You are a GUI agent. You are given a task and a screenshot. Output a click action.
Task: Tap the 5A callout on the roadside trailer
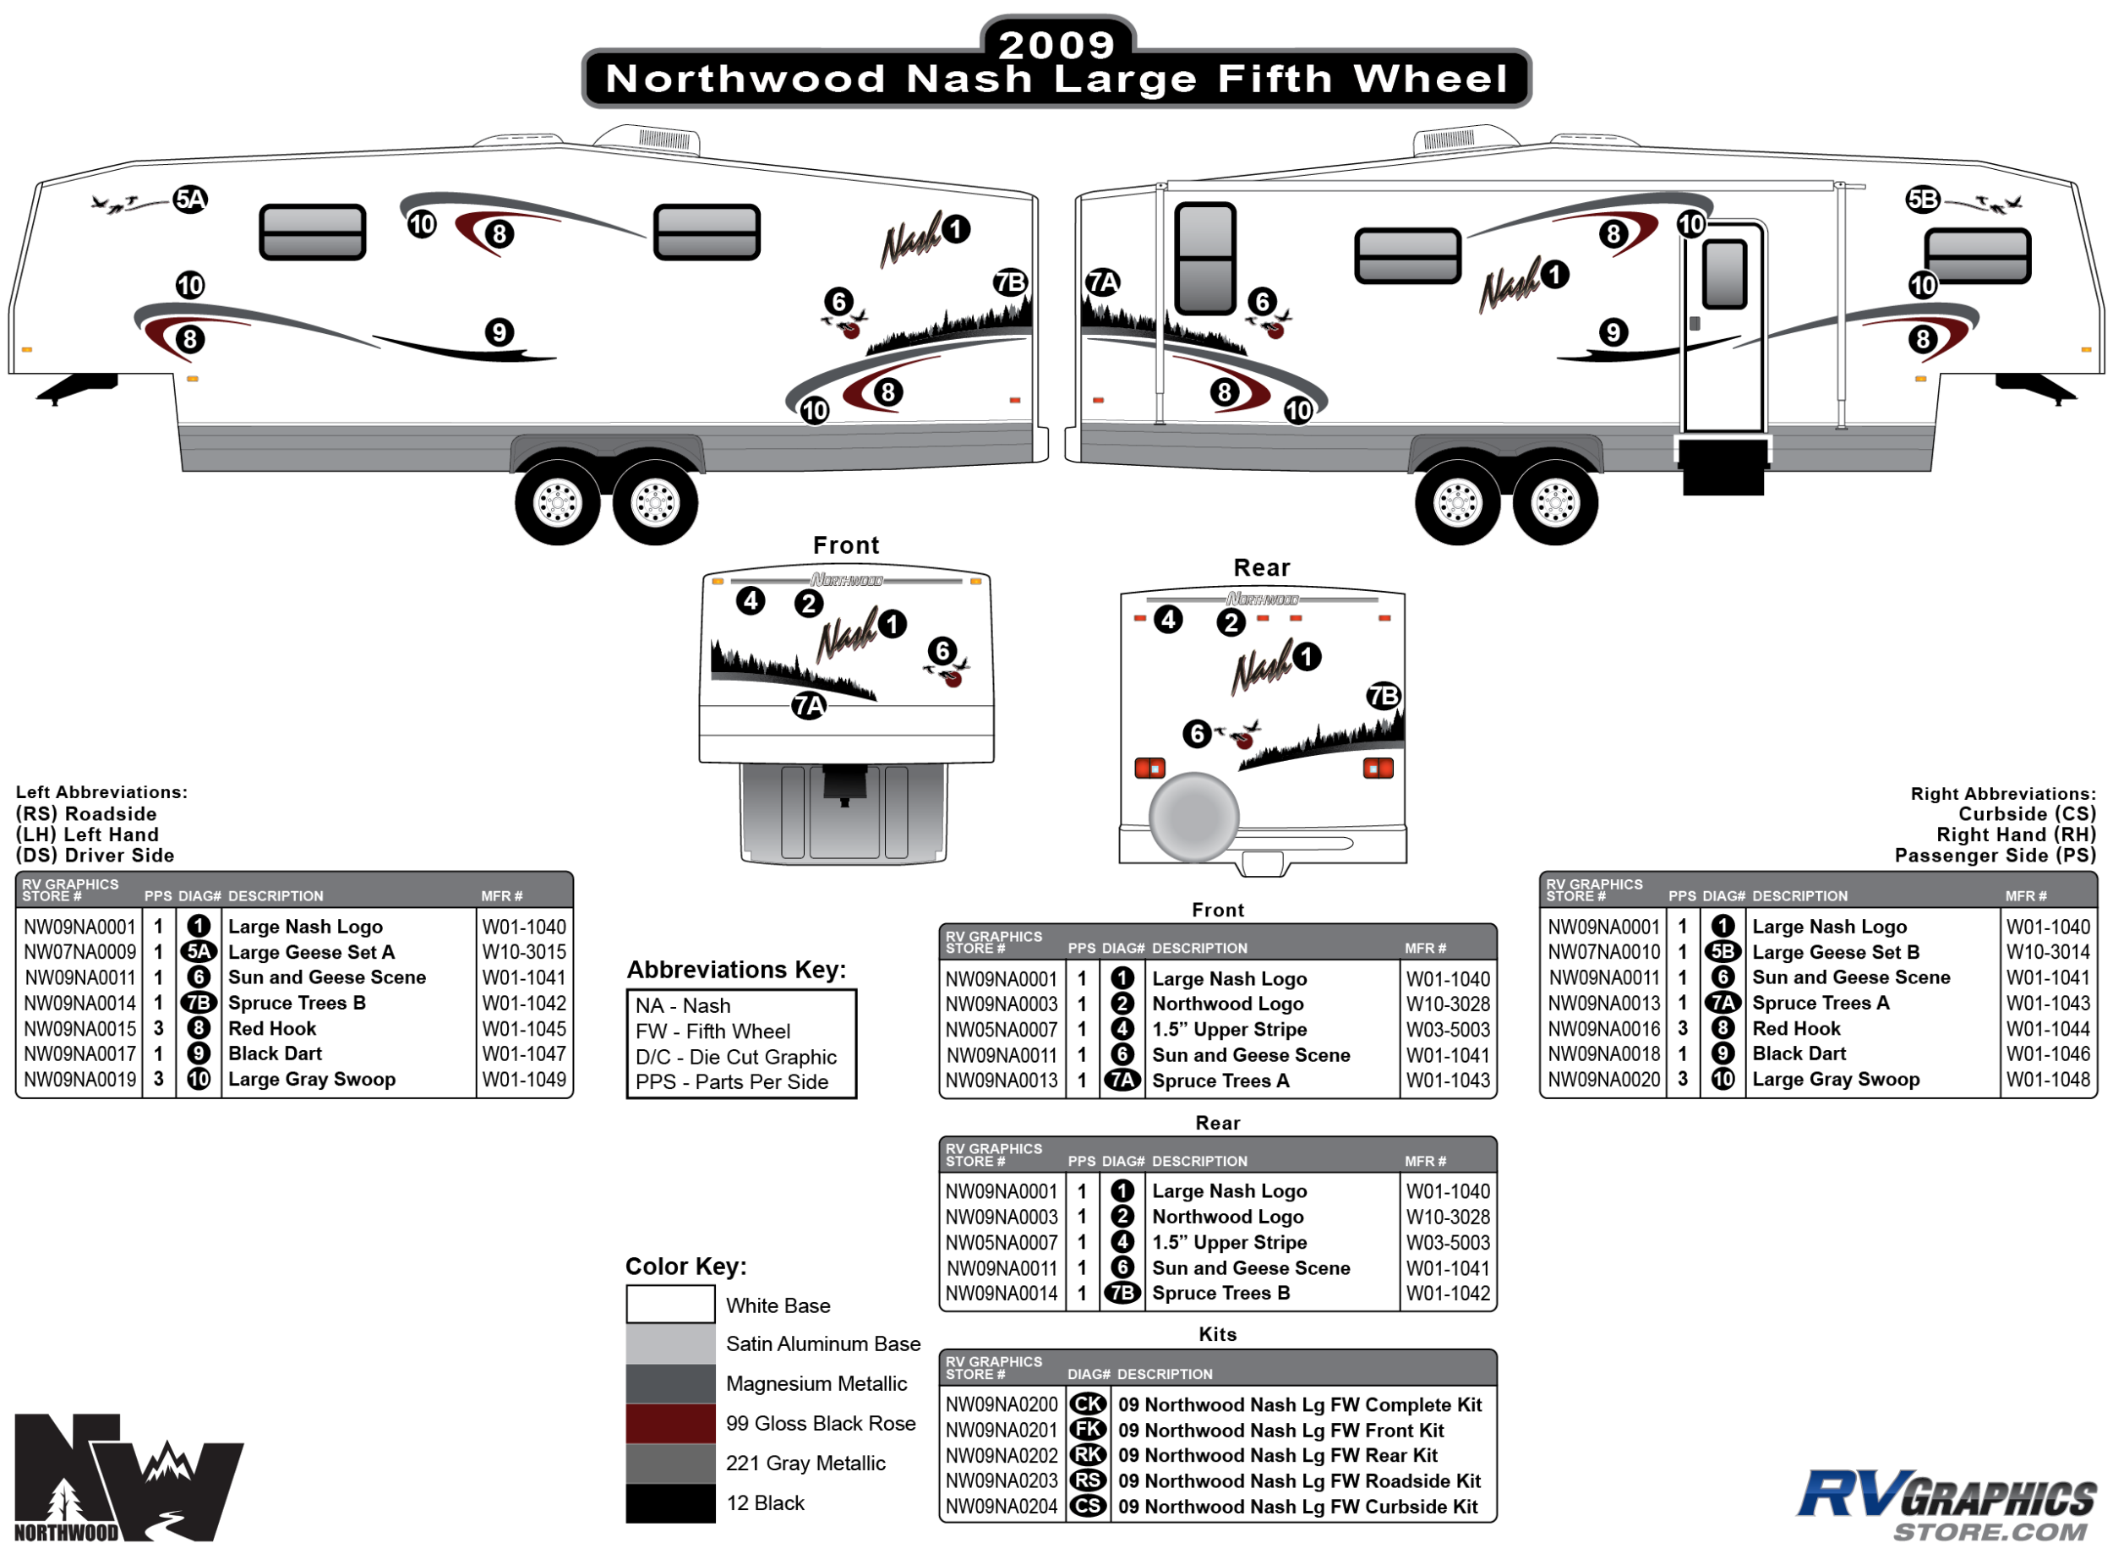(190, 200)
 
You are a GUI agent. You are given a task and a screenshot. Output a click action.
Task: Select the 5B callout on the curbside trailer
(1923, 200)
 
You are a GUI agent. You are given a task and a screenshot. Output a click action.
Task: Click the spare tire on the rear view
(1194, 817)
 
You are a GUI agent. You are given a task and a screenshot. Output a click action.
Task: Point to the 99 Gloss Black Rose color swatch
(670, 1423)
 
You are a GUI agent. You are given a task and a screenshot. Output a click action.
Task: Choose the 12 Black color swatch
(670, 1503)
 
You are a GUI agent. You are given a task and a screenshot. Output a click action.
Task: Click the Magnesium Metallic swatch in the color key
(670, 1384)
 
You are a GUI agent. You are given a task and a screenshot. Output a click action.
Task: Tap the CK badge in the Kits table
(1088, 1404)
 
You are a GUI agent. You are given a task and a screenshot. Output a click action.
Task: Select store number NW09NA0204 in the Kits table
(1002, 1507)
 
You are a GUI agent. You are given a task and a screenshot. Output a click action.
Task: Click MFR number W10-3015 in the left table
(524, 952)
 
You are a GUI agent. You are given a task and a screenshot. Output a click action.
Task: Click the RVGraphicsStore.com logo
(1946, 1505)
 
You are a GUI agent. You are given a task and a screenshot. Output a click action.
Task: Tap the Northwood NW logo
(127, 1478)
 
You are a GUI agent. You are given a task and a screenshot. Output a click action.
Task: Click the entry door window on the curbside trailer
(1723, 275)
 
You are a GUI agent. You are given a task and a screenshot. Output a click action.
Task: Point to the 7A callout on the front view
(809, 705)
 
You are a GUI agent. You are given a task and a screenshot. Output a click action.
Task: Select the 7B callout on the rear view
(1384, 696)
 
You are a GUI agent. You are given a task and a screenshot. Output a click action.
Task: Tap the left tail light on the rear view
(1149, 769)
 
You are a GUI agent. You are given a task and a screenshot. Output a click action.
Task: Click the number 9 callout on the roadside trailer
(500, 332)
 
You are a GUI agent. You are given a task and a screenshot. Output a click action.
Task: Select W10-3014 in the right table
(2047, 952)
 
